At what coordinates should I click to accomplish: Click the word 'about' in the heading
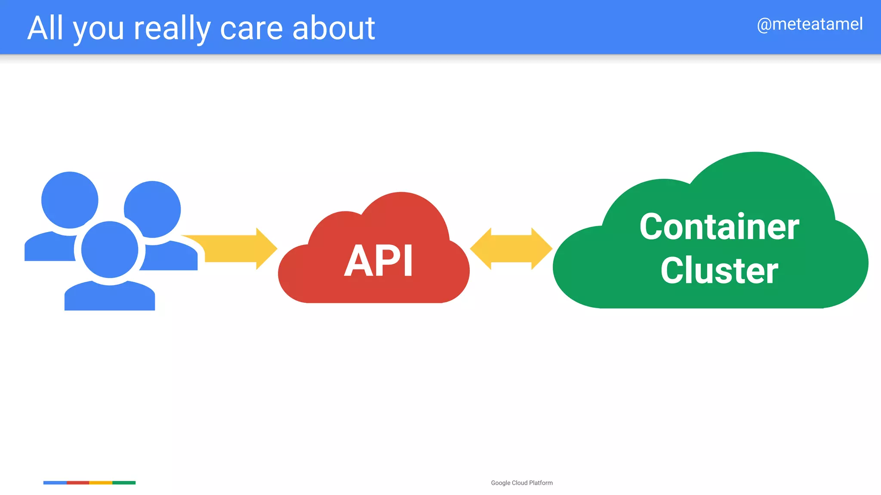pyautogui.click(x=333, y=28)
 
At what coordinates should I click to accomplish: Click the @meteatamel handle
pyautogui.click(x=810, y=24)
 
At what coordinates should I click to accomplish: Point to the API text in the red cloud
pyautogui.click(x=379, y=261)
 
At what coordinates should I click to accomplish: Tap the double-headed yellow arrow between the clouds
pyautogui.click(x=511, y=249)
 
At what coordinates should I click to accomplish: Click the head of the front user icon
pyautogui.click(x=110, y=250)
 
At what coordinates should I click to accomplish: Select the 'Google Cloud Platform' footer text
pyautogui.click(x=522, y=483)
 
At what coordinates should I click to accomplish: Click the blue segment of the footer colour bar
pyautogui.click(x=55, y=483)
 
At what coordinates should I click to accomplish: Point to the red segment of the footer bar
pyautogui.click(x=78, y=483)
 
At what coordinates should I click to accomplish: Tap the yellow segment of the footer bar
pyautogui.click(x=101, y=483)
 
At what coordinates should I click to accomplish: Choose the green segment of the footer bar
pyautogui.click(x=124, y=483)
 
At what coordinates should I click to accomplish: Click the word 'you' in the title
pyautogui.click(x=99, y=30)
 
